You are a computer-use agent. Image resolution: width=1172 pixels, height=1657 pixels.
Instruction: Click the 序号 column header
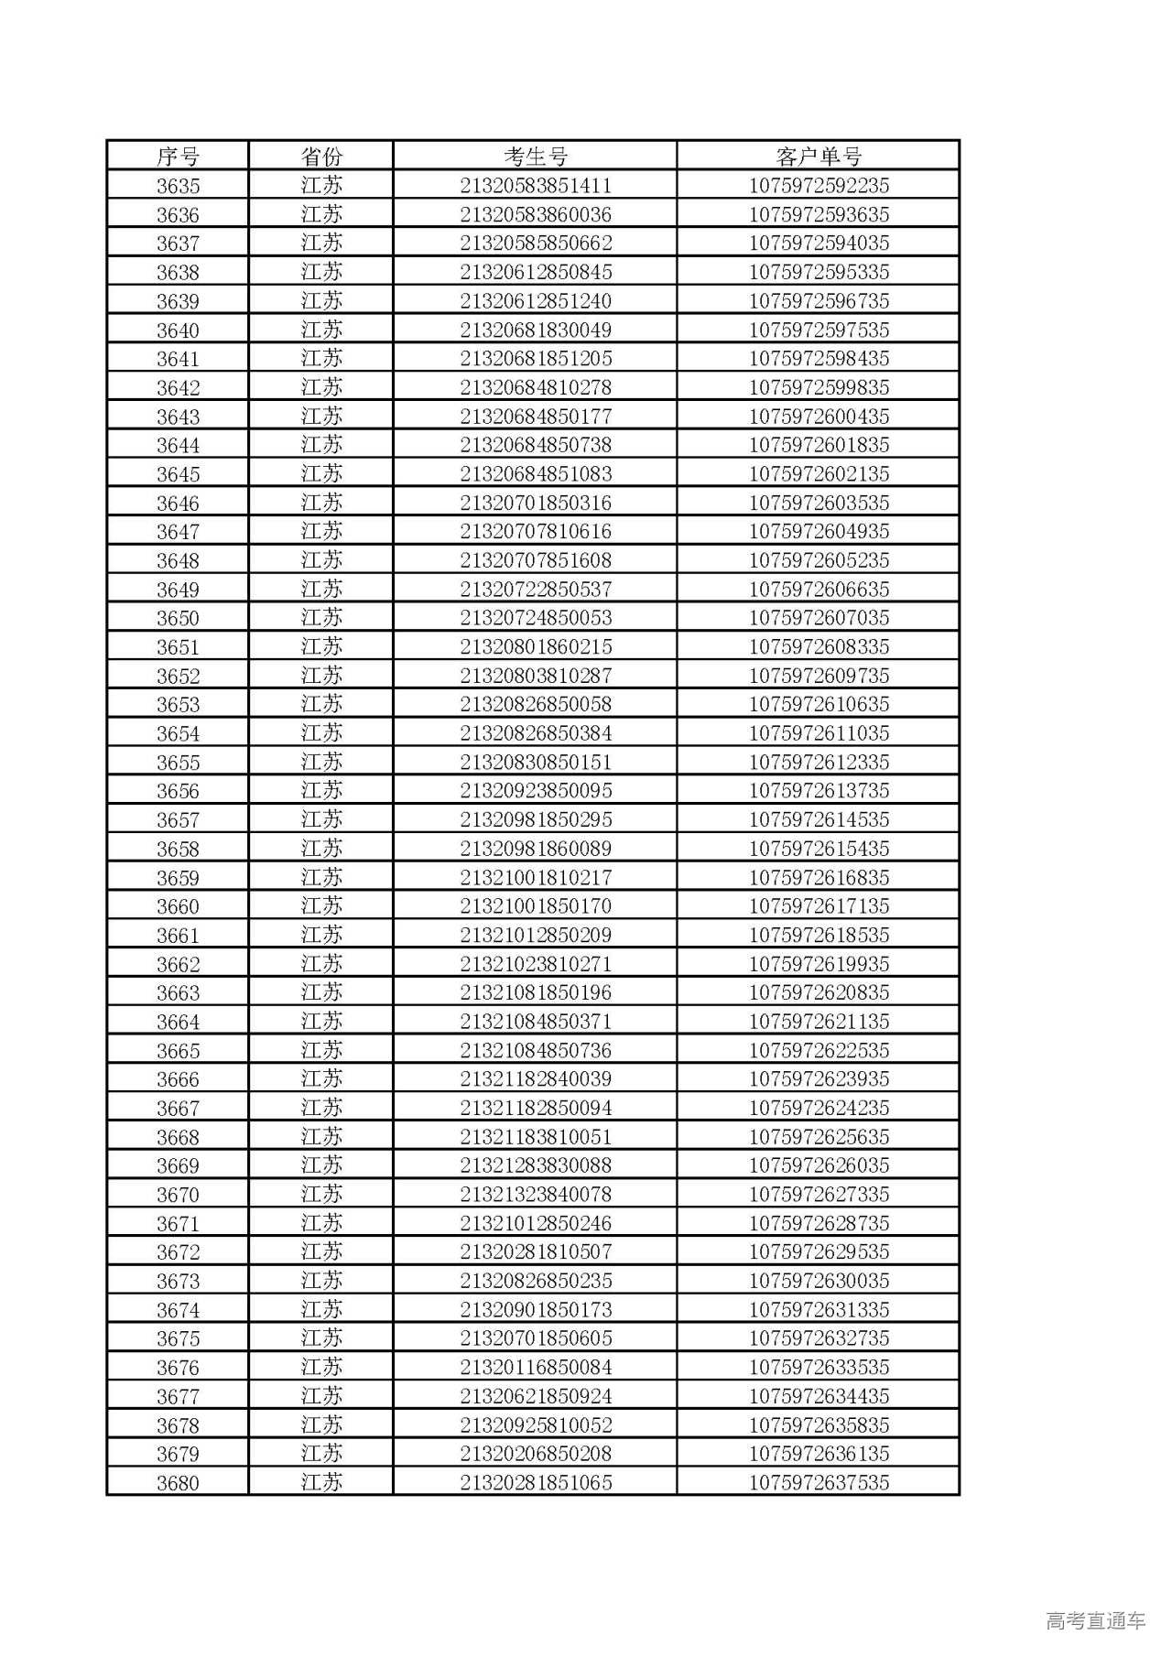(x=178, y=157)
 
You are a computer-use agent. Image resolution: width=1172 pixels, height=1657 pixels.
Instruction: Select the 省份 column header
(x=321, y=157)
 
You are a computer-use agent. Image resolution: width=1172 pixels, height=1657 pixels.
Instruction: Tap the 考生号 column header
(x=536, y=157)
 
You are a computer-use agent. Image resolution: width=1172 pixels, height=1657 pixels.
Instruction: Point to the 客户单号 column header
(x=819, y=157)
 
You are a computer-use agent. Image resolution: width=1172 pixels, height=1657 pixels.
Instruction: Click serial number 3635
(x=178, y=186)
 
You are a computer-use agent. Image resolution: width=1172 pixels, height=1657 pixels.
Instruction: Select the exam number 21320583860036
(x=536, y=215)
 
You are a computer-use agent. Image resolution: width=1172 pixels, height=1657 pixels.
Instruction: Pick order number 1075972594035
(x=819, y=244)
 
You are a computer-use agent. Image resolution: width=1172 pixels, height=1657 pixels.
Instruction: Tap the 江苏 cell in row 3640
(x=321, y=330)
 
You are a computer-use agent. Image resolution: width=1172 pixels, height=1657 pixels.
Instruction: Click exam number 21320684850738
(x=536, y=445)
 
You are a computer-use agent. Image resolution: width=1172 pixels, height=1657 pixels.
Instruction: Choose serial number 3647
(x=178, y=532)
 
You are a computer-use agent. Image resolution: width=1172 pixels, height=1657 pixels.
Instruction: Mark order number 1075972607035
(x=819, y=618)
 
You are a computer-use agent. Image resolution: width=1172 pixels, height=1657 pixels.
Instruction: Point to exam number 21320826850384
(x=536, y=733)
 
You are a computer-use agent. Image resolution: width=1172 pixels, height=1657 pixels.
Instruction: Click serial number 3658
(x=178, y=849)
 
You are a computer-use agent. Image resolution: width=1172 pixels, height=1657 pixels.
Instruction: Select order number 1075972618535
(x=819, y=935)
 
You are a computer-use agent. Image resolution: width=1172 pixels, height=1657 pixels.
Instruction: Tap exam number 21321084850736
(x=536, y=1050)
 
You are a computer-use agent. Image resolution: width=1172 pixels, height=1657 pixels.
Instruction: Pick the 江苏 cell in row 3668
(x=321, y=1137)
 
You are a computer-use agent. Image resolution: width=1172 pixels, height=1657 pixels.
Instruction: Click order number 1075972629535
(x=819, y=1251)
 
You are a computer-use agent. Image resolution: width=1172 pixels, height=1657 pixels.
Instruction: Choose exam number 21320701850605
(x=536, y=1338)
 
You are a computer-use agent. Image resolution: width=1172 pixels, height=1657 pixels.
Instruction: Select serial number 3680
(x=178, y=1483)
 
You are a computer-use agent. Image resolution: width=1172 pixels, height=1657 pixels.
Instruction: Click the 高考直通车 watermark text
(x=1095, y=1621)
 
